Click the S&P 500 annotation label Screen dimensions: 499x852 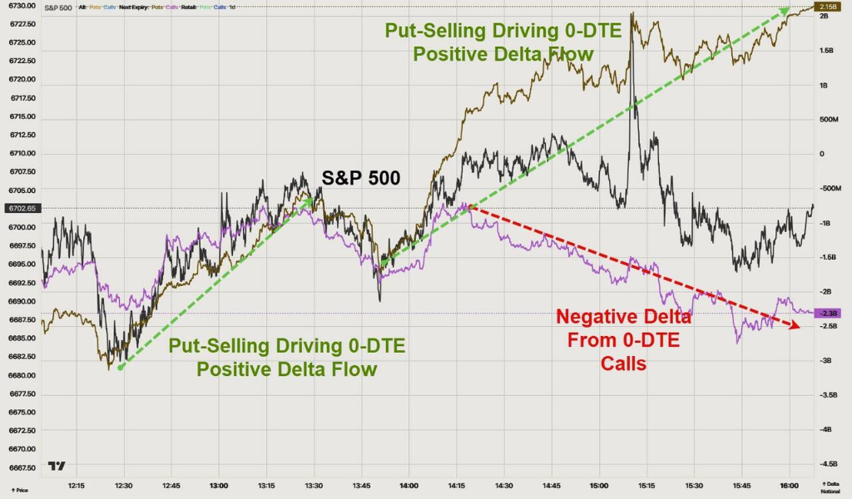(361, 177)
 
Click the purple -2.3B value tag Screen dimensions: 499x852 (830, 313)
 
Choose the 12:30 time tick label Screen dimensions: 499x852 (124, 484)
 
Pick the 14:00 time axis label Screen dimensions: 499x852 (409, 484)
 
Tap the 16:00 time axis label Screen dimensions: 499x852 (789, 484)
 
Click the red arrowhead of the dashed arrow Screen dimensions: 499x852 (795, 327)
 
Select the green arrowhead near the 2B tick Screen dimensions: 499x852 (783, 12)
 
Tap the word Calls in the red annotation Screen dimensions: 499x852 (623, 363)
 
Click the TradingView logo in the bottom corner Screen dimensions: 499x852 (57, 466)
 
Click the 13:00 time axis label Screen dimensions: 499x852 (219, 484)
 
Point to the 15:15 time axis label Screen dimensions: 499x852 (646, 484)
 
